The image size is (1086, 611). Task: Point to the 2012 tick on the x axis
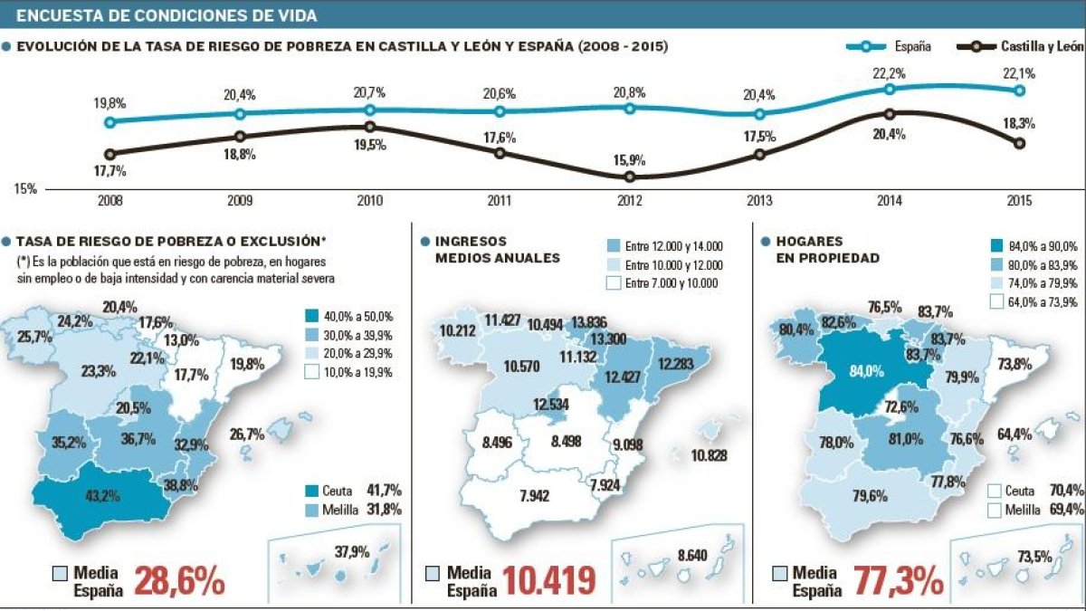pyautogui.click(x=629, y=200)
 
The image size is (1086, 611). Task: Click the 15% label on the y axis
pyautogui.click(x=25, y=189)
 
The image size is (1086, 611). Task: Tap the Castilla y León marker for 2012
pyautogui.click(x=629, y=177)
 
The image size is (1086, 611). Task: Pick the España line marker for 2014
pyautogui.click(x=890, y=89)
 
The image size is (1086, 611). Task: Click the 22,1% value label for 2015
pyautogui.click(x=1019, y=72)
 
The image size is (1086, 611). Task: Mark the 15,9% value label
pyautogui.click(x=629, y=159)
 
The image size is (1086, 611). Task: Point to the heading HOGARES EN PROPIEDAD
pyautogui.click(x=827, y=250)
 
